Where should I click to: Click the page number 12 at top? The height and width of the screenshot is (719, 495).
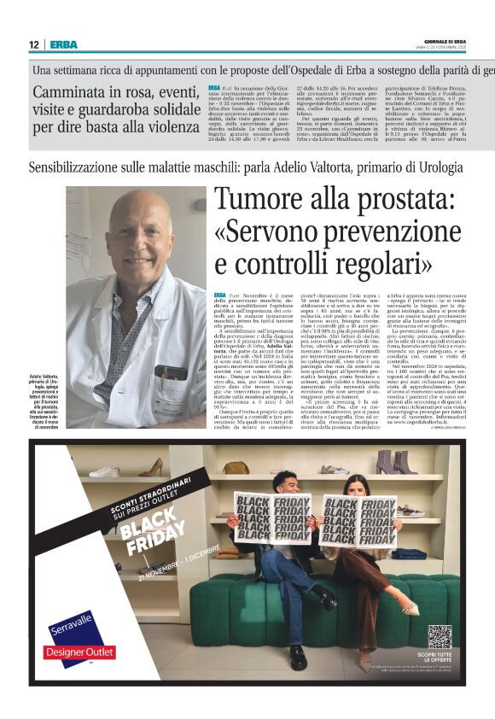(34, 44)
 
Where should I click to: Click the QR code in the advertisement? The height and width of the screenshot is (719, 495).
(439, 637)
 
